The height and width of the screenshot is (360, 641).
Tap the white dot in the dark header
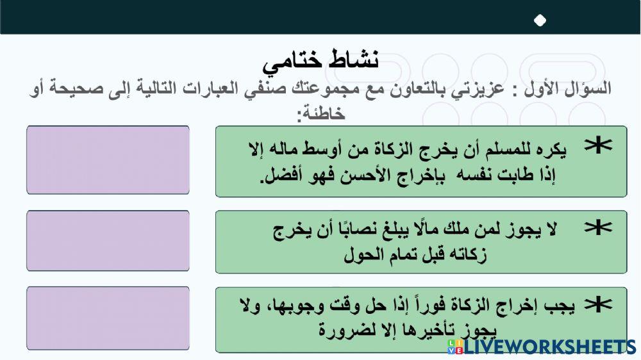click(x=540, y=20)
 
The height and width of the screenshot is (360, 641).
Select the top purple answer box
click(x=108, y=160)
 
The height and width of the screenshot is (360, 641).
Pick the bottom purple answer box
click(x=108, y=318)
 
